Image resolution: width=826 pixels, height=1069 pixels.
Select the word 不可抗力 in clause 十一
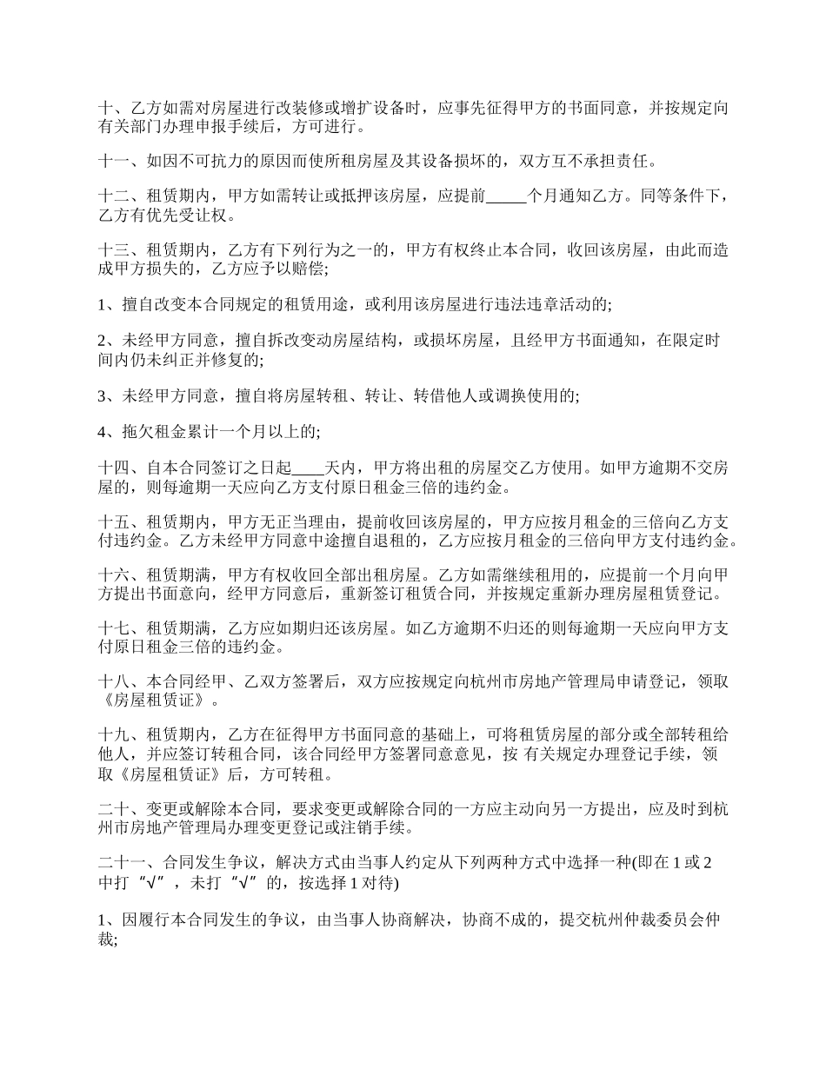(x=214, y=161)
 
